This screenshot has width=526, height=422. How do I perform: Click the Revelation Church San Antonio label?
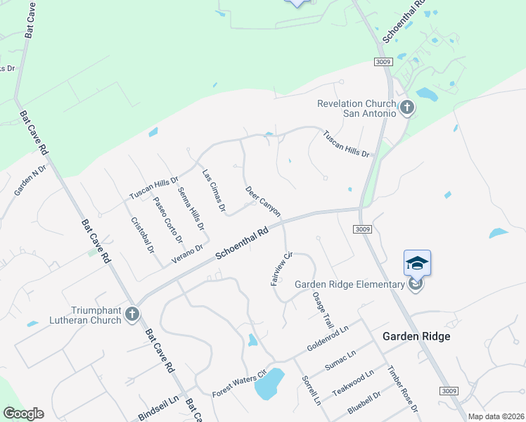[357, 108]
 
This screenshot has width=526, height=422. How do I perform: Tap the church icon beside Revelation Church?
[406, 108]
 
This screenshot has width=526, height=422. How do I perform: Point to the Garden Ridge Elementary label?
[349, 284]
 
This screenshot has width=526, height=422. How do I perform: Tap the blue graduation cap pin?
[417, 263]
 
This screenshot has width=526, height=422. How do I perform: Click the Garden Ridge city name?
[416, 336]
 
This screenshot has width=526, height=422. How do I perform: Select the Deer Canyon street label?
[263, 201]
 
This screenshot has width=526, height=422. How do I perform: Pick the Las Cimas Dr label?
[214, 191]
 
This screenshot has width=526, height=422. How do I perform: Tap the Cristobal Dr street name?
[143, 234]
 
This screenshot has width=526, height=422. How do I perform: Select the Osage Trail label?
[323, 310]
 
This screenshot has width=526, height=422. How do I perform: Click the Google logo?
[24, 414]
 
